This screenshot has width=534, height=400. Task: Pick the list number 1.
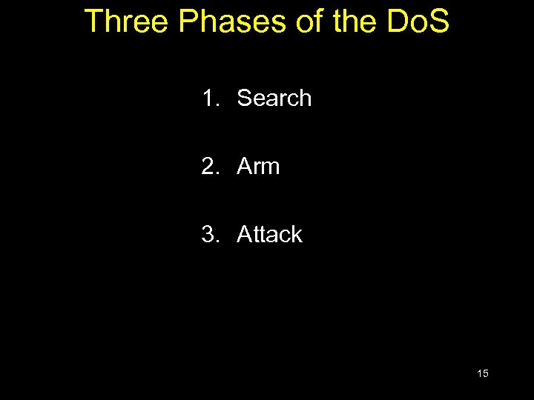point(211,98)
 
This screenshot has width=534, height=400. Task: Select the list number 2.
point(211,166)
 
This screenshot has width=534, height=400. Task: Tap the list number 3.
point(211,234)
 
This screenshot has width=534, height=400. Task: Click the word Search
point(274,98)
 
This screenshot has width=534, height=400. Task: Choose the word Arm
point(258,166)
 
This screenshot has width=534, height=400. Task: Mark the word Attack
point(269,234)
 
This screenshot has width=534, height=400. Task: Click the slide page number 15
point(483,373)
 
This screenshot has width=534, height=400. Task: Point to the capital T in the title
point(94,21)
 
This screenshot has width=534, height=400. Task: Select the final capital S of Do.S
point(438,21)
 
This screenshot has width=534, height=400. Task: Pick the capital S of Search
point(244,98)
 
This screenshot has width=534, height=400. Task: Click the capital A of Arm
point(244,166)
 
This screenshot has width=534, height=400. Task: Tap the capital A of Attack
point(244,234)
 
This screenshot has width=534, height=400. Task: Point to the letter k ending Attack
point(297,234)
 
